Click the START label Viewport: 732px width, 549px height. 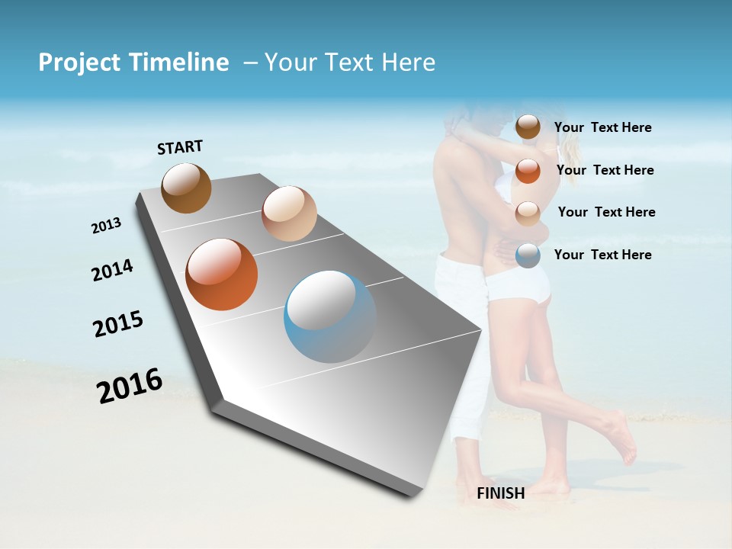click(x=180, y=147)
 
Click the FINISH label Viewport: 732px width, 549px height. click(x=501, y=493)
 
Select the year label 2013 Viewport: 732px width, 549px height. click(x=107, y=225)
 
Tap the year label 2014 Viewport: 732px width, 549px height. click(x=113, y=270)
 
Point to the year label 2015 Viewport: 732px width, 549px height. click(x=118, y=324)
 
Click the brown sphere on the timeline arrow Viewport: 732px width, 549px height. click(x=187, y=188)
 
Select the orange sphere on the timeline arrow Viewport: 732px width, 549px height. click(x=222, y=274)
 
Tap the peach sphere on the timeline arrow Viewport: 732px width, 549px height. click(x=289, y=213)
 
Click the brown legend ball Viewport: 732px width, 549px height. click(x=528, y=127)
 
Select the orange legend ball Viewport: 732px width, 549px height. click(x=528, y=170)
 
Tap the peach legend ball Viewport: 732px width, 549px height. click(x=528, y=213)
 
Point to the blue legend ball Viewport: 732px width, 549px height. click(x=528, y=255)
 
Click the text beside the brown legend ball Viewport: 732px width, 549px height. click(x=603, y=127)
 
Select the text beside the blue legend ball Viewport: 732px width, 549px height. click(x=603, y=255)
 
